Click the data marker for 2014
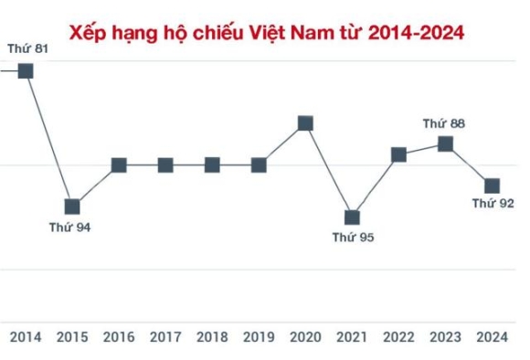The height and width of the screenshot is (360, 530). [26, 70]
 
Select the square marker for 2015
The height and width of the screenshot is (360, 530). [72, 206]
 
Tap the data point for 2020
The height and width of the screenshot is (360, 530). [306, 123]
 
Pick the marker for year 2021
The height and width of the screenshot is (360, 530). [353, 217]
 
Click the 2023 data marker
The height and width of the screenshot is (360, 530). [445, 143]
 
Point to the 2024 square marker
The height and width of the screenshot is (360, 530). [492, 185]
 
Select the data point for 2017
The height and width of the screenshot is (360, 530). [165, 165]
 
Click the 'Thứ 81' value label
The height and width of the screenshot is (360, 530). [27, 48]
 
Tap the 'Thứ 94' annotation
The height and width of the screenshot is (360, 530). [70, 227]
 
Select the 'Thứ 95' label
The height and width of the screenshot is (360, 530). [353, 238]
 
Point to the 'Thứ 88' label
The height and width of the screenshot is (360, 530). [444, 123]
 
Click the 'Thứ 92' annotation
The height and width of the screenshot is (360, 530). [493, 204]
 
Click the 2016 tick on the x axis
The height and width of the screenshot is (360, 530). [119, 337]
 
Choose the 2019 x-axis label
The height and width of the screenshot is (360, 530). [259, 337]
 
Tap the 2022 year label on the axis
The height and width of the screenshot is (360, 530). [398, 337]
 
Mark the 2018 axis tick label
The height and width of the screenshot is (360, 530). [212, 337]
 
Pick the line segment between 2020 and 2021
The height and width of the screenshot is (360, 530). [329, 170]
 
